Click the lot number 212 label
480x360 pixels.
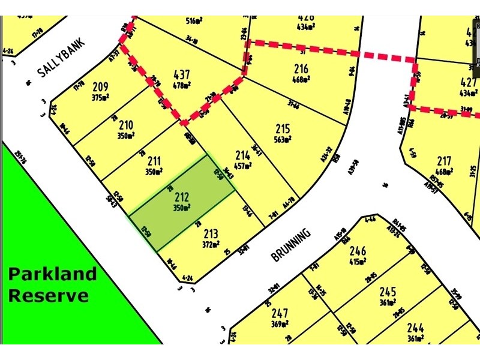[182, 197]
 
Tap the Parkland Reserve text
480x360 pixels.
[52, 284]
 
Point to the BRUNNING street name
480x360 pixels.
[292, 244]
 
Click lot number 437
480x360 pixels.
[181, 75]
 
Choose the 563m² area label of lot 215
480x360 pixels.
[283, 140]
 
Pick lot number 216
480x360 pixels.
[301, 69]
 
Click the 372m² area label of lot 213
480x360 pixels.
[211, 244]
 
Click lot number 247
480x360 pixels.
[280, 313]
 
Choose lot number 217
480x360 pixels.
[444, 161]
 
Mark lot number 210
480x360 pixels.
[126, 125]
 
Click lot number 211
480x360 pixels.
[154, 161]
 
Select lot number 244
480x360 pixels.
[416, 328]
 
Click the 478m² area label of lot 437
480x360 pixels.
[181, 85]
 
